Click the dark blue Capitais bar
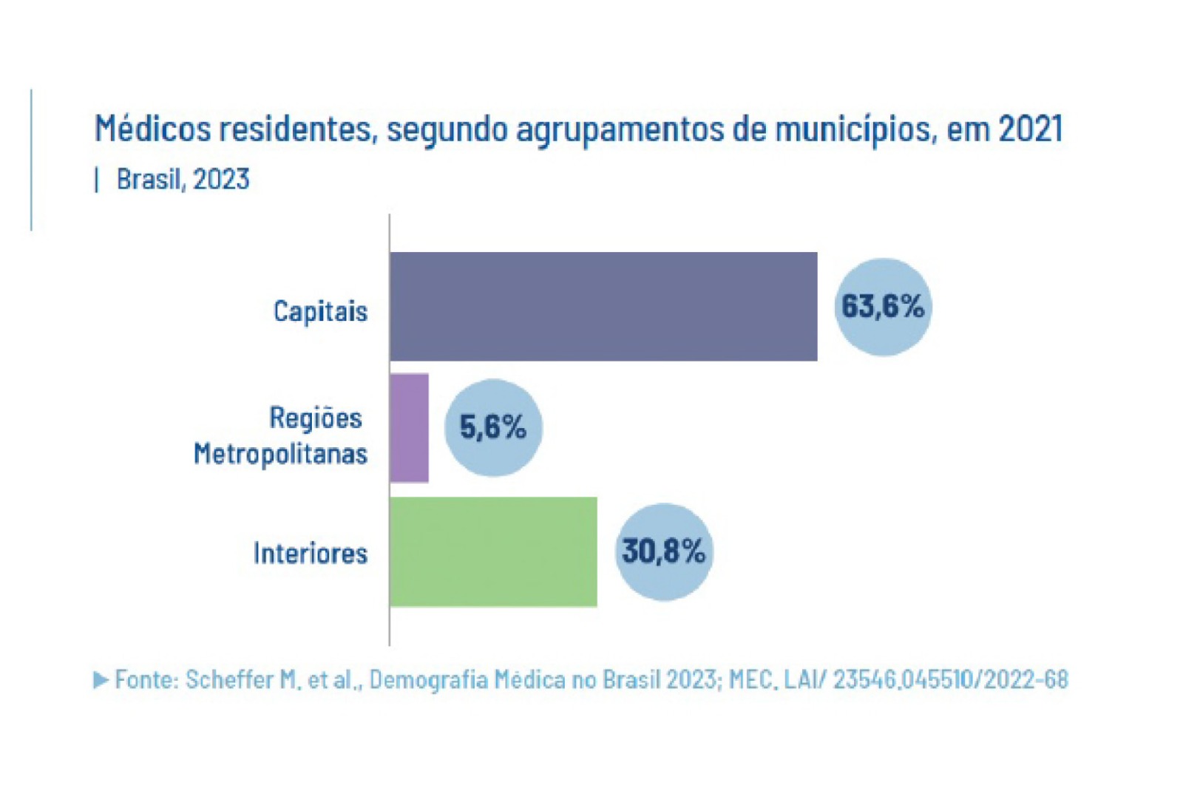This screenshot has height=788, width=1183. [603, 306]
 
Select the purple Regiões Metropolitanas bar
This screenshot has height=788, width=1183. [409, 428]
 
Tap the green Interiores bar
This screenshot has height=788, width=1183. [493, 551]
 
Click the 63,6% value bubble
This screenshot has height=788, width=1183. [883, 306]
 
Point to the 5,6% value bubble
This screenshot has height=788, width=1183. [493, 427]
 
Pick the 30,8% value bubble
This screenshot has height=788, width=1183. [664, 551]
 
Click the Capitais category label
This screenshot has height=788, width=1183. [320, 311]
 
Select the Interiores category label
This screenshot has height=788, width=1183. [310, 553]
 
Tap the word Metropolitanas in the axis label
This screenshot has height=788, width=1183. [280, 453]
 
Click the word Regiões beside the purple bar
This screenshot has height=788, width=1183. [316, 418]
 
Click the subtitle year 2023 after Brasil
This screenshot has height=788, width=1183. [221, 180]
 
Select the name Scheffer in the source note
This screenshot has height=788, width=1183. [228, 679]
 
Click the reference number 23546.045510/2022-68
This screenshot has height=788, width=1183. [950, 679]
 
